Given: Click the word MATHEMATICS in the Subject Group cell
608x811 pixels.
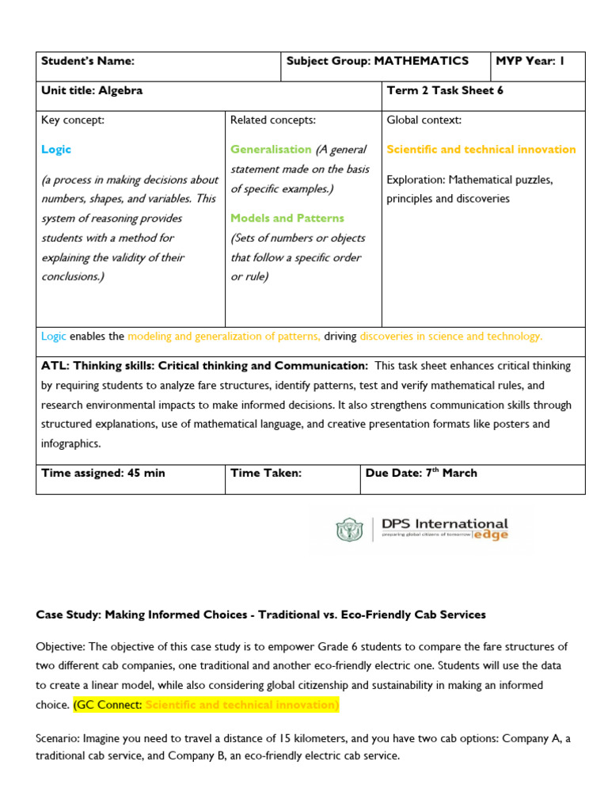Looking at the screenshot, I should [421, 61].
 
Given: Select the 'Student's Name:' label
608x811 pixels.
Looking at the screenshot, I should [88, 61].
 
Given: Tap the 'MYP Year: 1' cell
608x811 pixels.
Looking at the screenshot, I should [530, 61].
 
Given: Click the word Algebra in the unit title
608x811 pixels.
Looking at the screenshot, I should [120, 90].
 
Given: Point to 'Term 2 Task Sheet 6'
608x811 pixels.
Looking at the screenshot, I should [445, 90].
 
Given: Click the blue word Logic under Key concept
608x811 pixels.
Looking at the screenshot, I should [56, 149].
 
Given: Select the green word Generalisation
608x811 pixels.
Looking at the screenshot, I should [271, 149].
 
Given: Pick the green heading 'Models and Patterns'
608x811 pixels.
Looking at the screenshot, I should [287, 218].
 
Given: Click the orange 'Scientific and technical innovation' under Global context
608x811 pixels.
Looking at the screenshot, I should [481, 149].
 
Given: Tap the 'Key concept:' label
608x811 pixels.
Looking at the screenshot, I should [73, 120].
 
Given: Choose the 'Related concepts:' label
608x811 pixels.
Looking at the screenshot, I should [273, 120].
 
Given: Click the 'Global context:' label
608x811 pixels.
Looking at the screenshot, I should [424, 120].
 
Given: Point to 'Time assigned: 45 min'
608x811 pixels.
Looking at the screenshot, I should [103, 473].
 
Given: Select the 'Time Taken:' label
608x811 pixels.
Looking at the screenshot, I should [266, 473].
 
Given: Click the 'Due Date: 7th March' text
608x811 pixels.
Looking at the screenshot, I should [421, 473].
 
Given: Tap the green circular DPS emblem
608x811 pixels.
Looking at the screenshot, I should [349, 531].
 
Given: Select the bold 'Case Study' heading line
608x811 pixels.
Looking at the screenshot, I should [260, 615].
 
